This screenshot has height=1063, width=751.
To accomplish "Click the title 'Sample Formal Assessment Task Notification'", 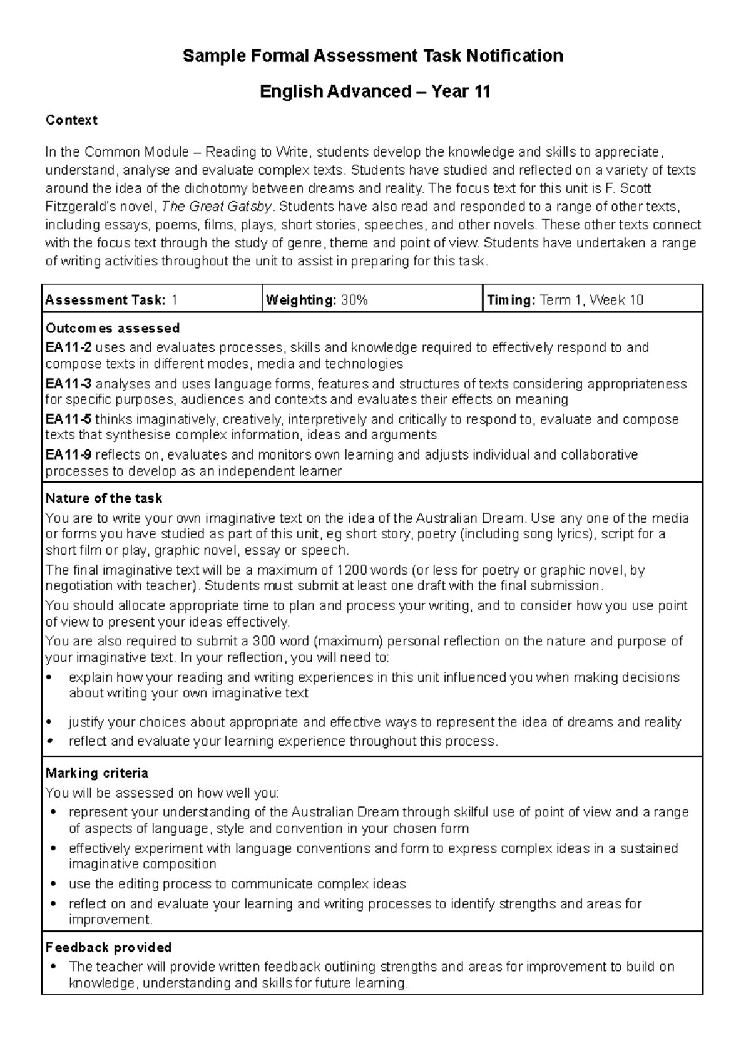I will (x=373, y=56).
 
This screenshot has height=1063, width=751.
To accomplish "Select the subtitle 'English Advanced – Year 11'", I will (x=375, y=92).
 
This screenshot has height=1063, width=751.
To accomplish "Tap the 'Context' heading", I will (x=71, y=120).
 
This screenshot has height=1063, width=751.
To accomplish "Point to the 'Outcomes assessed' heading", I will (x=113, y=329).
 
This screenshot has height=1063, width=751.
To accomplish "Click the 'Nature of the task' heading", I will (x=104, y=499).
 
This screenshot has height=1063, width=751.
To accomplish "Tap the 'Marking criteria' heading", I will (x=97, y=773).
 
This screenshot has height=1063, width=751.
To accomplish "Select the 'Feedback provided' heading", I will (x=108, y=948).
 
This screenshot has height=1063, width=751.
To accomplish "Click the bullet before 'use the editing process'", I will (x=53, y=885).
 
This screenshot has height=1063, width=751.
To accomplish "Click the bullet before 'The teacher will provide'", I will (x=53, y=967).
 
